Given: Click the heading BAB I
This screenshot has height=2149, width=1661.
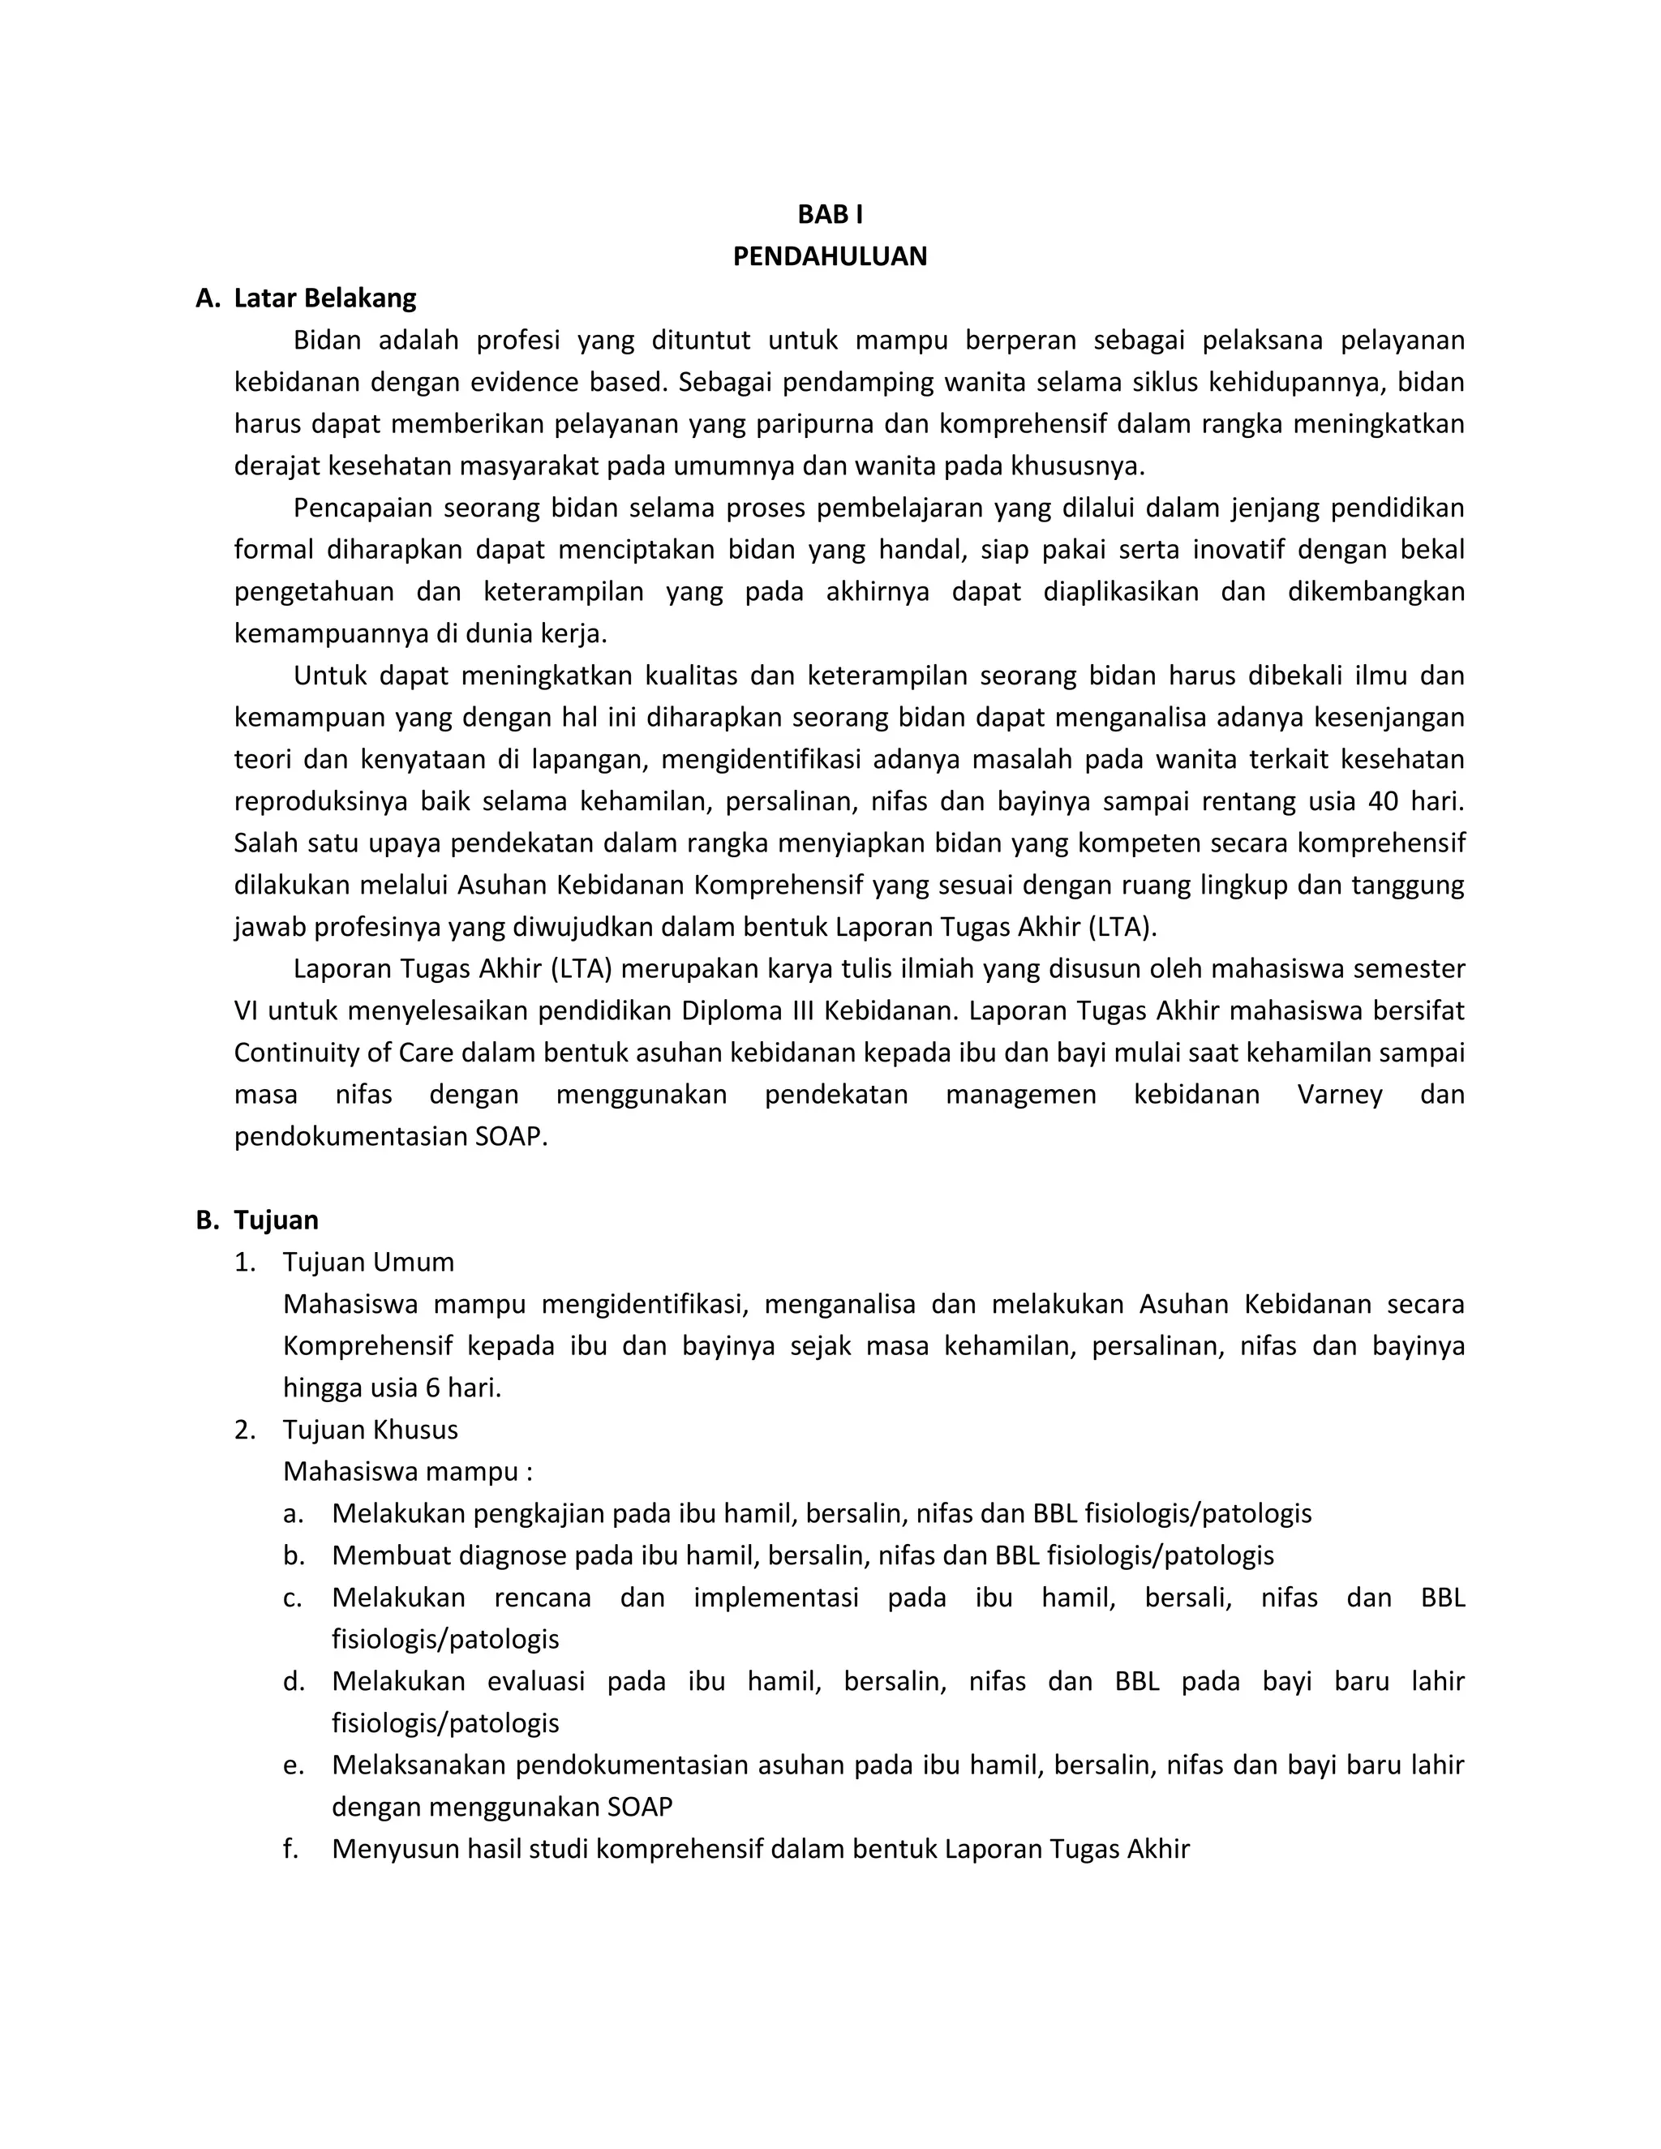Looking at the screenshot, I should point(830,215).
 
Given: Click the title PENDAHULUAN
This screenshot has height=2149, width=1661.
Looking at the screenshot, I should point(830,257).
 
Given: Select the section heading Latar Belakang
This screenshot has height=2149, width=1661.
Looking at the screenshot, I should point(324,298).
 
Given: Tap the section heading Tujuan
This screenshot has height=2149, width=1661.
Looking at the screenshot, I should point(276,1220).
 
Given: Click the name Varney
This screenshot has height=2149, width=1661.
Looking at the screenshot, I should point(1339,1095).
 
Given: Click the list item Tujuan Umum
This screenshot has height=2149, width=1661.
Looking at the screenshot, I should point(368,1263).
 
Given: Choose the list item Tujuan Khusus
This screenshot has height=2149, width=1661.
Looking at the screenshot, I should point(370,1430).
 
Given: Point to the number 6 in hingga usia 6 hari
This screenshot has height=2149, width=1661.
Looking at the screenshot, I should point(432,1388).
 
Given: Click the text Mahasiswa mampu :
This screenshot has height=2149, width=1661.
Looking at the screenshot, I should point(407,1472).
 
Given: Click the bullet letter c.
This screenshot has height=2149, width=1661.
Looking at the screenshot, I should point(291,1598).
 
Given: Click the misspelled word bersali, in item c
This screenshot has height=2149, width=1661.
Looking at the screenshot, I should point(1187,1598).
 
